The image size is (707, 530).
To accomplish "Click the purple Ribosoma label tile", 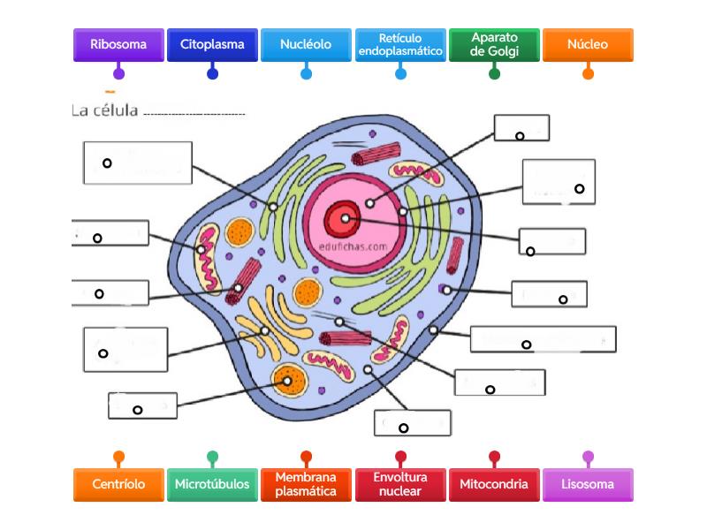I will pyautogui.click(x=118, y=44).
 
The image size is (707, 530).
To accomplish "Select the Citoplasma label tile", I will pyautogui.click(x=212, y=44).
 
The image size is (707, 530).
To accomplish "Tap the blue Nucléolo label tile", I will pyautogui.click(x=306, y=44).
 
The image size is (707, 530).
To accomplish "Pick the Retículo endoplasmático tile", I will pyautogui.click(x=400, y=44).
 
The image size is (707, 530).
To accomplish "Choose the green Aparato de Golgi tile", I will pyautogui.click(x=494, y=44).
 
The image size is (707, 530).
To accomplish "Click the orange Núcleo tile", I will pyautogui.click(x=588, y=44).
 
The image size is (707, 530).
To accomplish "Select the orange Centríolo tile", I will pyautogui.click(x=118, y=484).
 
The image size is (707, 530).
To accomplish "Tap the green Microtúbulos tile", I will pyautogui.click(x=212, y=484).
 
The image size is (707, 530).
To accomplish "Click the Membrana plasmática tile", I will pyautogui.click(x=306, y=484).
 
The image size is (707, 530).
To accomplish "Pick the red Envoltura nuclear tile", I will pyautogui.click(x=400, y=484).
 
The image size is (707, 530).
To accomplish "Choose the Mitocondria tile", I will pyautogui.click(x=494, y=484).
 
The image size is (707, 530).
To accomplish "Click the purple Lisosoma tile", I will pyautogui.click(x=588, y=484).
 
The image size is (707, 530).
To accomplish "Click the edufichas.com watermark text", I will pyautogui.click(x=354, y=248).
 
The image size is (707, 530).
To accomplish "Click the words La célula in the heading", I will pyautogui.click(x=104, y=110).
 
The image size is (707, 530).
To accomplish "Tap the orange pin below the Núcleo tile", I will pyautogui.click(x=588, y=73).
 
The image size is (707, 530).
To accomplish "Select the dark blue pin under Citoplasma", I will pyautogui.click(x=212, y=73).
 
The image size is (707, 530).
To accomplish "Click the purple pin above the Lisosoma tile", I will pyautogui.click(x=588, y=457).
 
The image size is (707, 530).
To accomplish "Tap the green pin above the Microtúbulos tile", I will pyautogui.click(x=212, y=457).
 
